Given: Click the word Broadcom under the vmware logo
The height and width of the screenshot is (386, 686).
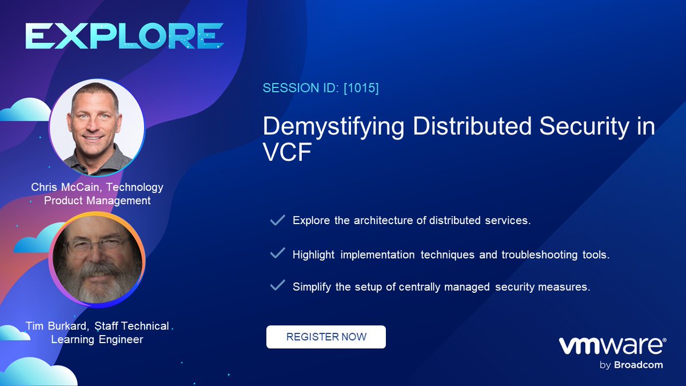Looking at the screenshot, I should pos(639,365).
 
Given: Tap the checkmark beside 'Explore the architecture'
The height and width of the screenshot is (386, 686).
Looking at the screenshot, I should pos(277,220).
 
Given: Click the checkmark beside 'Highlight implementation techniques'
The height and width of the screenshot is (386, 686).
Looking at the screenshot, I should pos(277,253).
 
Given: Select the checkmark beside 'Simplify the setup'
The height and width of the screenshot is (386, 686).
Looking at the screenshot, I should pos(277,286).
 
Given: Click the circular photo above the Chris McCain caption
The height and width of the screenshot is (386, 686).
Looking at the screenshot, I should pos(97,127).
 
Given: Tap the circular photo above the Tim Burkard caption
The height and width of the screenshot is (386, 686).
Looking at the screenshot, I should pos(97,258).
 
